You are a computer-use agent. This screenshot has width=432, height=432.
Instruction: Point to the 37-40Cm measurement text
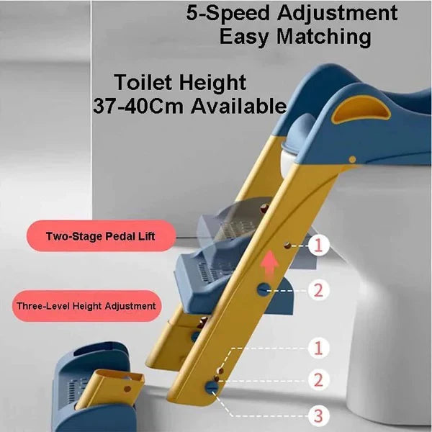click(136, 106)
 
